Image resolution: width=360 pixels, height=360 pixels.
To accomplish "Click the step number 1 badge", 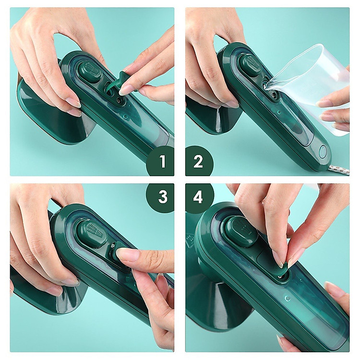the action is (x=161, y=161).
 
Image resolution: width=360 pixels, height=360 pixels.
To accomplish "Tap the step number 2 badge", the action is (x=199, y=161).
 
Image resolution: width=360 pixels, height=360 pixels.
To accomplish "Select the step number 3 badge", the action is (x=161, y=197).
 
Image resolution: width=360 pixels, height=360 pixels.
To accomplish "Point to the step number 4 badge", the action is (x=199, y=197).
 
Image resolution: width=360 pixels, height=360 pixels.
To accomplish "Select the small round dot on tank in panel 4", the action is (x=288, y=299).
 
